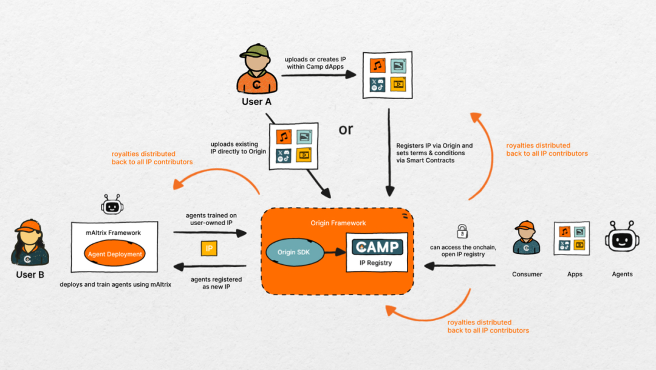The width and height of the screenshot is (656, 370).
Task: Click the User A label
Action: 256,102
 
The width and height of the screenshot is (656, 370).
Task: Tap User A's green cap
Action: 255,51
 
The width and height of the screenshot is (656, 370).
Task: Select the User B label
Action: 30,274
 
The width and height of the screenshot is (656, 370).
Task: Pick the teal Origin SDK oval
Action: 295,253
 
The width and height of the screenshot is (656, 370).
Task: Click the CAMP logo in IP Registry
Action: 377,247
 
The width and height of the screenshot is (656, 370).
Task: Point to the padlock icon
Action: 462,231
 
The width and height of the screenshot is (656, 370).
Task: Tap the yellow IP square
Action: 209,248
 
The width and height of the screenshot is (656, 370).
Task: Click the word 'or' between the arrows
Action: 346,130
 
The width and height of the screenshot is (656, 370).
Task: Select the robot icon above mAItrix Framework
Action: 112,204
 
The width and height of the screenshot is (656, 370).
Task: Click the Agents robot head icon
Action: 622,237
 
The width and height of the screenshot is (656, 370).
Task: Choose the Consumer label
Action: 527,274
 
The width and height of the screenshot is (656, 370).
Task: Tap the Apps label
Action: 575,274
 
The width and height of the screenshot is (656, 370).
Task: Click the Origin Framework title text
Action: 338,223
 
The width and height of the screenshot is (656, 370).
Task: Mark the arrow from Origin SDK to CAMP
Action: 335,252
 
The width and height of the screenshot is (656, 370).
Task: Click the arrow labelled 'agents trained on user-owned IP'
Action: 210,232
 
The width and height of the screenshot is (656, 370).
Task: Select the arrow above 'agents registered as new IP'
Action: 210,266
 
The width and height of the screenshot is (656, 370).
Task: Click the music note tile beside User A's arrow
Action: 377,66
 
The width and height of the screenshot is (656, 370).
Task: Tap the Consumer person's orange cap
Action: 525,226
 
